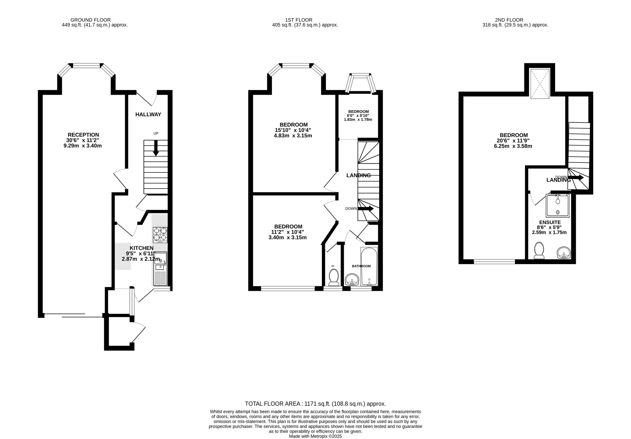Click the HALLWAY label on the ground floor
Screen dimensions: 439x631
tap(148, 115)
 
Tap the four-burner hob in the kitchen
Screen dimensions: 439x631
tap(160, 234)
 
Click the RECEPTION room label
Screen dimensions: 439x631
tap(83, 135)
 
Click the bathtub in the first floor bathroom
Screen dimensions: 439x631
tap(369, 266)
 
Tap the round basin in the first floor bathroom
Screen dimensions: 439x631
tap(352, 280)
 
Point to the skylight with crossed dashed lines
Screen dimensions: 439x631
tap(540, 84)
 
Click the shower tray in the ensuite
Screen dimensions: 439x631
tap(557, 206)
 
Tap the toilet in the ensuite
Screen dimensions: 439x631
tap(539, 250)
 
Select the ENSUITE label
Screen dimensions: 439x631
tap(550, 222)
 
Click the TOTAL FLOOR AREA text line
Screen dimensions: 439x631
tap(315, 404)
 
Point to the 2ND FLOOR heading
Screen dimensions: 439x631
tap(509, 20)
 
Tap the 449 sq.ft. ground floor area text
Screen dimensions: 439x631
tap(94, 25)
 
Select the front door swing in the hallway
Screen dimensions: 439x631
tap(147, 99)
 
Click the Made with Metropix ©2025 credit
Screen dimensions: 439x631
tap(315, 436)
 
